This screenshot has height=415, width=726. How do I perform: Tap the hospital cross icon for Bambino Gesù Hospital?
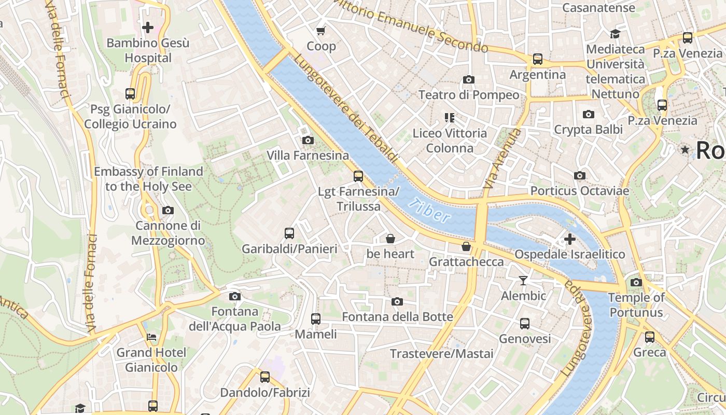tap(148, 27)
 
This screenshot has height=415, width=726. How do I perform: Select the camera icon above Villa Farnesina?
tap(308, 140)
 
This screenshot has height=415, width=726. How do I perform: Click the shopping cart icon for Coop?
tap(321, 31)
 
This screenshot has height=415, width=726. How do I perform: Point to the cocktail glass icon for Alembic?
tap(523, 281)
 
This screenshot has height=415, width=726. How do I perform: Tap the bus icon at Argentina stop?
tap(538, 59)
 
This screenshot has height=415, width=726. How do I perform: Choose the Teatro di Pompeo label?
tap(468, 95)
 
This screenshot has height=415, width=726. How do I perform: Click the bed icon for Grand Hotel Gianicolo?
tap(151, 337)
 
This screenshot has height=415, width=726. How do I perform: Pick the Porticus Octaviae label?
tap(579, 191)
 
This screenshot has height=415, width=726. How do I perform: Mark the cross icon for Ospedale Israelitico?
tap(569, 239)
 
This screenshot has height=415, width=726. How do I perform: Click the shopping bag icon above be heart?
tap(390, 239)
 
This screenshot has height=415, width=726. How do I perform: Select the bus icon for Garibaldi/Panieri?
tap(289, 233)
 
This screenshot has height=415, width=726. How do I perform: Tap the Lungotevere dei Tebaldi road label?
tap(346, 108)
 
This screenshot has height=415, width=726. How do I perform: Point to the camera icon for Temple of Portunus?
tap(636, 282)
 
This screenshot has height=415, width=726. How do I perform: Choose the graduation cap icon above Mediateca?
tap(615, 34)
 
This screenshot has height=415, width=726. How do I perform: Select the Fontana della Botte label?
tap(397, 316)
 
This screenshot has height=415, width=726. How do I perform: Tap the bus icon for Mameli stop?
tap(315, 319)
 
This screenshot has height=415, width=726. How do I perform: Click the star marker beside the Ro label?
tap(685, 150)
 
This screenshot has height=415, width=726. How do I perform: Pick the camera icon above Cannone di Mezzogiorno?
tap(167, 210)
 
